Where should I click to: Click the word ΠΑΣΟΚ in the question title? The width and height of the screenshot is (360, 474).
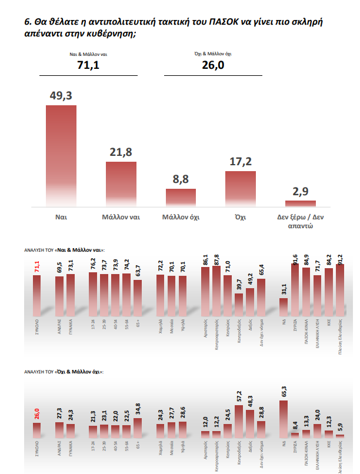pyautogui.click(x=224, y=22)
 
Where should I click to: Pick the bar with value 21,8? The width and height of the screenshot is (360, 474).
pyautogui.click(x=121, y=183)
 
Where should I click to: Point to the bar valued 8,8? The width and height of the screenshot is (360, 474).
pyautogui.click(x=181, y=198)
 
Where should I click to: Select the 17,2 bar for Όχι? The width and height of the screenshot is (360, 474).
pyautogui.click(x=241, y=189)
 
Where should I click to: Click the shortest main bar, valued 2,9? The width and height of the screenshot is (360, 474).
pyautogui.click(x=301, y=203)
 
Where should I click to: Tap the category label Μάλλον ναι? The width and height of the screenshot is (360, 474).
pyautogui.click(x=121, y=217)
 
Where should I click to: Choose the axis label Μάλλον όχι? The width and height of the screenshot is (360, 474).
pyautogui.click(x=181, y=217)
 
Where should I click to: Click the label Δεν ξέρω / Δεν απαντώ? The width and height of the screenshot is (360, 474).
pyautogui.click(x=301, y=221)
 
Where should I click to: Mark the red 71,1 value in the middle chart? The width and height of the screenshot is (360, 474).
pyautogui.click(x=36, y=268)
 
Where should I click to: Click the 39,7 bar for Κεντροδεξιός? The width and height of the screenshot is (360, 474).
pyautogui.click(x=239, y=305)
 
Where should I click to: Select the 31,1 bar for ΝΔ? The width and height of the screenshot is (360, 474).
pyautogui.click(x=284, y=308)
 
